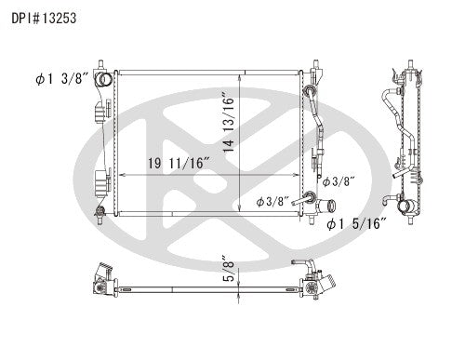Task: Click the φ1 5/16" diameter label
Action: [357, 224]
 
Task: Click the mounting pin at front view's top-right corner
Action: [316, 68]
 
